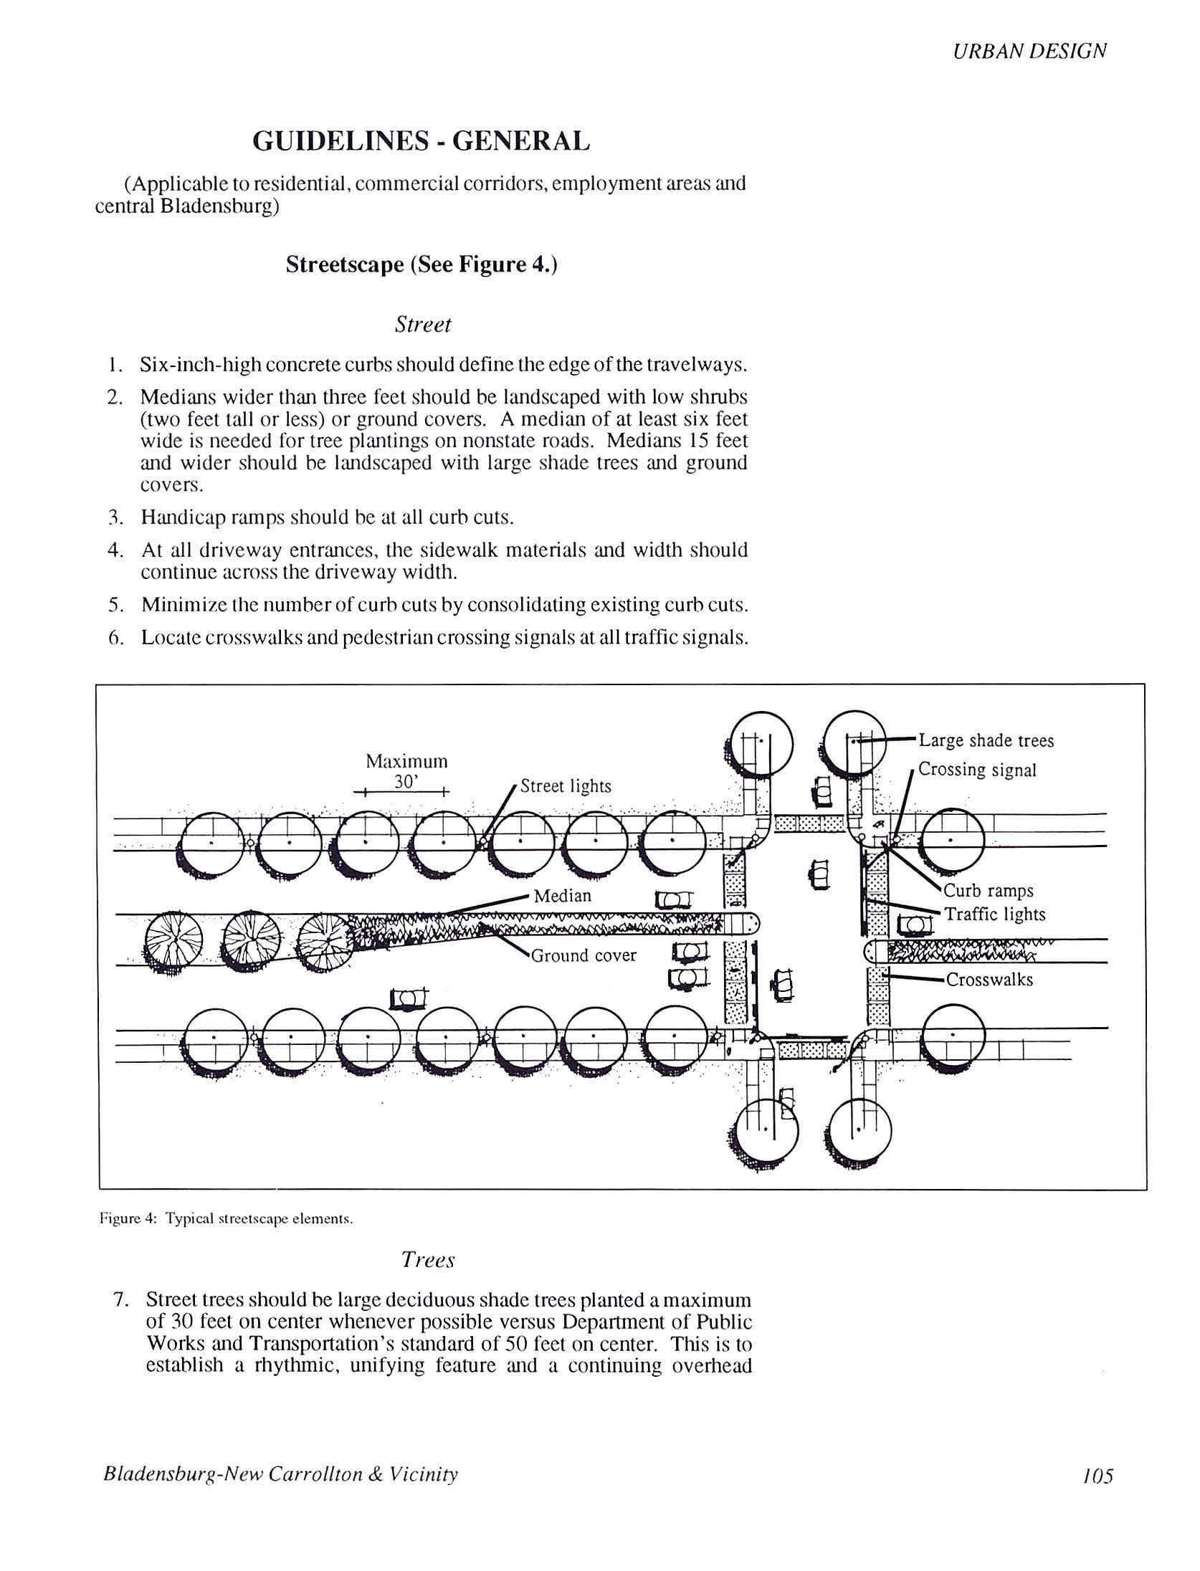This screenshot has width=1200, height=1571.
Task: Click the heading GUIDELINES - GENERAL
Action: (421, 141)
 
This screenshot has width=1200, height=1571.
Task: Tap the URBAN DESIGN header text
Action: (1029, 51)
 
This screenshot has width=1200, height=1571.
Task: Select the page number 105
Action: (1097, 1476)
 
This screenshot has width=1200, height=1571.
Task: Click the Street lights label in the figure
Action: (566, 786)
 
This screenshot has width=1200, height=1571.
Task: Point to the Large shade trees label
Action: (986, 740)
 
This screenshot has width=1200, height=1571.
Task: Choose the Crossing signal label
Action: (977, 770)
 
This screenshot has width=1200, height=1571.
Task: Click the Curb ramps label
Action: (988, 891)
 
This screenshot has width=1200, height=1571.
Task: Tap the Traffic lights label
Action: (994, 915)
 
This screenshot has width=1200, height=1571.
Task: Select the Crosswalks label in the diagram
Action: (989, 980)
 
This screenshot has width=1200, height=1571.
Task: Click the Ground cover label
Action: (584, 955)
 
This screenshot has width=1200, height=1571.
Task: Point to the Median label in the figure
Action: (563, 896)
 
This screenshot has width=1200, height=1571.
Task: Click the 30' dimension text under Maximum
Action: (406, 782)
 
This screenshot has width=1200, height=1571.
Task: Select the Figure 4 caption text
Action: (226, 1219)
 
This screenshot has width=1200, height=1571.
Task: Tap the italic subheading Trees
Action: (428, 1260)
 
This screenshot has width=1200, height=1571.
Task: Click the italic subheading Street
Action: (423, 325)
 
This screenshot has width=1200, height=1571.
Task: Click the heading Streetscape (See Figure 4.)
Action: (422, 264)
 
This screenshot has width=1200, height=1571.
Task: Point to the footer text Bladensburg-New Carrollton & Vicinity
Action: (280, 1474)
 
